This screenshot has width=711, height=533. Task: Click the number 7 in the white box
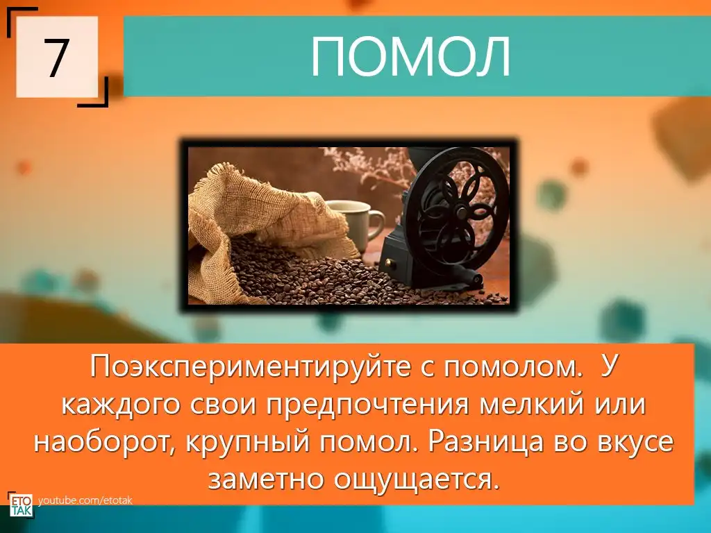56,57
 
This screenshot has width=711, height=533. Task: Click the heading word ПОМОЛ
411,57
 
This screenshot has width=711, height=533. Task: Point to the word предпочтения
367,405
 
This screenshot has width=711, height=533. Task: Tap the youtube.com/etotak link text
85,500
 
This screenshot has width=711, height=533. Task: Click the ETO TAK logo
20,505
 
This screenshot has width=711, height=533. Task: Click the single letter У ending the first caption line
607,368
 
